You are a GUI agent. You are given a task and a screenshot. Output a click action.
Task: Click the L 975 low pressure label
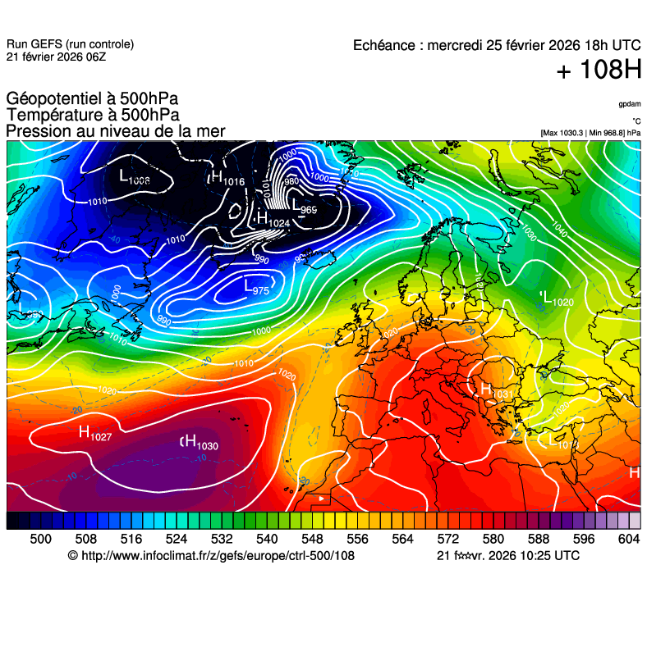tap(256, 287)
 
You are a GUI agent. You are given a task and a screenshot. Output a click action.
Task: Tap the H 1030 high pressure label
tap(200, 443)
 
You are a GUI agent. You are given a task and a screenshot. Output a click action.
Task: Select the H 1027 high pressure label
tap(94, 433)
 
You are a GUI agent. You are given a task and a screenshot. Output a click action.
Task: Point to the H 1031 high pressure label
tap(495, 391)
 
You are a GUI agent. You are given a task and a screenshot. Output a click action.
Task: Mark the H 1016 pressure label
tap(227, 178)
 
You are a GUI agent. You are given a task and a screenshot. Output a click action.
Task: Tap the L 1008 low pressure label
tap(134, 176)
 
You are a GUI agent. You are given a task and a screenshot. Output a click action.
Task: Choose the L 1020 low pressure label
tap(557, 298)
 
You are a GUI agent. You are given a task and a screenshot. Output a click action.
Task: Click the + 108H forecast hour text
tap(599, 71)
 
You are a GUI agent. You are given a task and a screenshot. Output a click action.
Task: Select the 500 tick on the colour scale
tap(40, 539)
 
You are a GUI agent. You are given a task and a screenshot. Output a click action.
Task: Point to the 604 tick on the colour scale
tap(628, 539)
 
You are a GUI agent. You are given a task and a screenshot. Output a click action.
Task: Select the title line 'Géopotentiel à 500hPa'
tap(92, 99)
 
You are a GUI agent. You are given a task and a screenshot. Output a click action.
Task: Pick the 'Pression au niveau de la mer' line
tap(116, 131)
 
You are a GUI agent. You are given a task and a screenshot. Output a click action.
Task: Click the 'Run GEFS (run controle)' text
tap(70, 44)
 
